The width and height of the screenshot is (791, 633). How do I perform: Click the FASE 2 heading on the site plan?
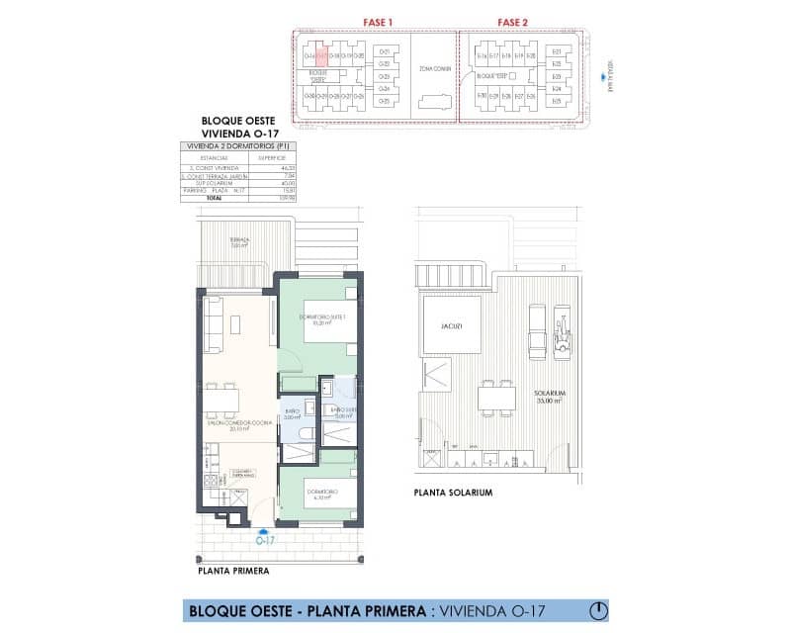511,22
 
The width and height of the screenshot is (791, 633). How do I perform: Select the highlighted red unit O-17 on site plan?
322,56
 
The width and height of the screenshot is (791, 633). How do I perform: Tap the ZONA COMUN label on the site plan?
433,69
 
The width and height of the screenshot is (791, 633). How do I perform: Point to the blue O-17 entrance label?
264,540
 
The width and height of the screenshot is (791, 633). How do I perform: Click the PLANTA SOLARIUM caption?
455,492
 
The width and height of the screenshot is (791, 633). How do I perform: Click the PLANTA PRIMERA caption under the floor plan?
233,571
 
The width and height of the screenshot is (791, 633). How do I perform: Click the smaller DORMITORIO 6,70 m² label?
322,495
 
